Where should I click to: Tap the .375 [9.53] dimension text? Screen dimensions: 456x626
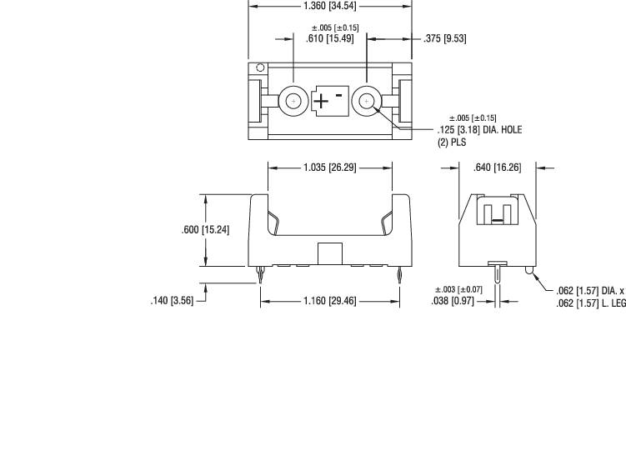[444, 38]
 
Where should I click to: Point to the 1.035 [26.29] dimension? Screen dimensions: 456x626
[329, 168]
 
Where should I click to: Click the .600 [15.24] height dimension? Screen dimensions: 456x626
[205, 229]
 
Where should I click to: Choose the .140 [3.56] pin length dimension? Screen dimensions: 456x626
[171, 300]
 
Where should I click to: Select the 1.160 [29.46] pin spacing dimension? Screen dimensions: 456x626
[329, 300]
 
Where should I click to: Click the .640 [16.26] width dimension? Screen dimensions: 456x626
[497, 168]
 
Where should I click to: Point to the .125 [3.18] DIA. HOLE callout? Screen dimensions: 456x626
[478, 130]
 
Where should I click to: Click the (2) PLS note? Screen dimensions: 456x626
[452, 143]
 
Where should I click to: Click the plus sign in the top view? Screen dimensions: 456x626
[321, 102]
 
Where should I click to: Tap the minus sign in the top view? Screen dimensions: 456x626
[339, 95]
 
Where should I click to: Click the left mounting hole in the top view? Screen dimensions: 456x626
[293, 102]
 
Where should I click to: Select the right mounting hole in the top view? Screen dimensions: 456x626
[366, 102]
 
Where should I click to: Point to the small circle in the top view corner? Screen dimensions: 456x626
[260, 68]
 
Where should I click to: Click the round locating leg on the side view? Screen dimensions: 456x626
[529, 271]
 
